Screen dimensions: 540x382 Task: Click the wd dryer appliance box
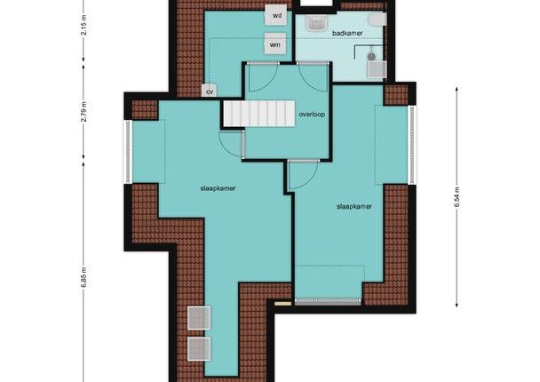pyautogui.click(x=276, y=15)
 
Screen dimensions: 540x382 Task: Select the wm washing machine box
pyautogui.click(x=274, y=44)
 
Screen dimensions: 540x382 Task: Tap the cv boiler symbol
pyautogui.click(x=210, y=91)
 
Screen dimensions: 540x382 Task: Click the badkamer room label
pyautogui.click(x=347, y=34)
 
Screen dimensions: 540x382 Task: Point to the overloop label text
pyautogui.click(x=312, y=115)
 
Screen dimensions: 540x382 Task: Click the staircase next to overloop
pyautogui.click(x=259, y=114)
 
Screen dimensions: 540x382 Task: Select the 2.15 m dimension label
pyautogui.click(x=83, y=25)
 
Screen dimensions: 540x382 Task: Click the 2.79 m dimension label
pyautogui.click(x=83, y=112)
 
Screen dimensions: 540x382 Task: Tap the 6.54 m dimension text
pyautogui.click(x=457, y=197)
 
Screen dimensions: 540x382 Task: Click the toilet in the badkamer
pyautogui.click(x=377, y=20)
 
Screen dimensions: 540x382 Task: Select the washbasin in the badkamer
pyautogui.click(x=314, y=23)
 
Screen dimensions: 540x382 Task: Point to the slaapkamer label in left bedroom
pyautogui.click(x=218, y=188)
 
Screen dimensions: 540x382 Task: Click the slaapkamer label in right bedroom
pyautogui.click(x=354, y=206)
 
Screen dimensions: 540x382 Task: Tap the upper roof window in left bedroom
pyautogui.click(x=199, y=317)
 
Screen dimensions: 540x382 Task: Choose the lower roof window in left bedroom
pyautogui.click(x=199, y=348)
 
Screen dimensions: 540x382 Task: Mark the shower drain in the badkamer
pyautogui.click(x=371, y=56)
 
